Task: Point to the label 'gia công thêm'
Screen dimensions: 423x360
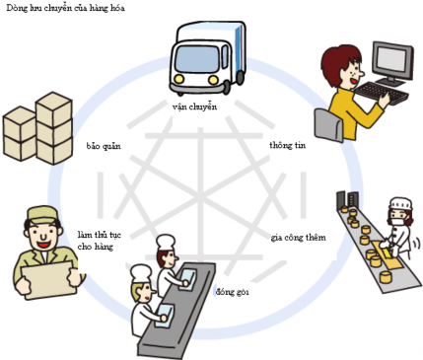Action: (298, 238)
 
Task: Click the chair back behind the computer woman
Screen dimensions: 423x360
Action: (324, 124)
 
